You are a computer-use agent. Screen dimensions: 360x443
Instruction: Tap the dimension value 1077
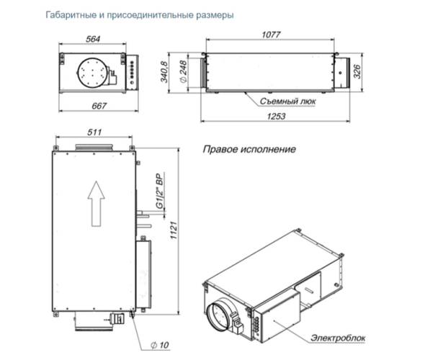click(x=270, y=35)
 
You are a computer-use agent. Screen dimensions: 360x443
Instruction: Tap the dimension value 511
click(x=93, y=132)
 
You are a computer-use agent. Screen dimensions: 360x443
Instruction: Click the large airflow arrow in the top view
click(x=93, y=202)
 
